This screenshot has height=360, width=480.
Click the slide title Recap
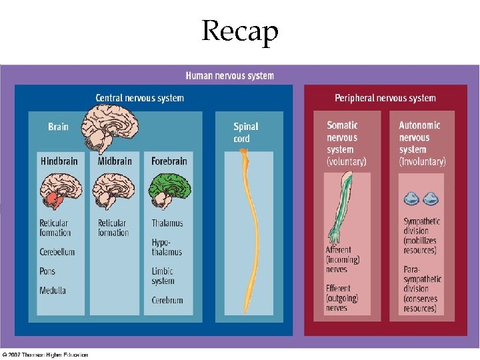click(x=240, y=30)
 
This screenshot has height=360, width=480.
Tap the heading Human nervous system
click(x=229, y=76)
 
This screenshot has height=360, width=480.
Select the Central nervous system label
click(x=139, y=98)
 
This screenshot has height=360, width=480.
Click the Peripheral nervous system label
click(x=385, y=98)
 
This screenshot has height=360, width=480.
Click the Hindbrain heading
click(x=59, y=161)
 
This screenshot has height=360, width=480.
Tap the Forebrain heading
click(x=169, y=161)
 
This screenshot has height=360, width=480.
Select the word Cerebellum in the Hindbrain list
click(x=57, y=252)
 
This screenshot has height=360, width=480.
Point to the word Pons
click(x=47, y=271)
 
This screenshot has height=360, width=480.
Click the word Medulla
click(x=53, y=291)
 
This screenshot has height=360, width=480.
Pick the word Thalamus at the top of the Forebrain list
click(x=167, y=223)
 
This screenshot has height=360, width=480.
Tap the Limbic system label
click(x=163, y=276)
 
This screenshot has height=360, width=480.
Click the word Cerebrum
click(x=167, y=301)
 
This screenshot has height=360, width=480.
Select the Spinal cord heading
click(x=245, y=132)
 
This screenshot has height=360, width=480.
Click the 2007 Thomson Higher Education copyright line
click(x=45, y=355)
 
